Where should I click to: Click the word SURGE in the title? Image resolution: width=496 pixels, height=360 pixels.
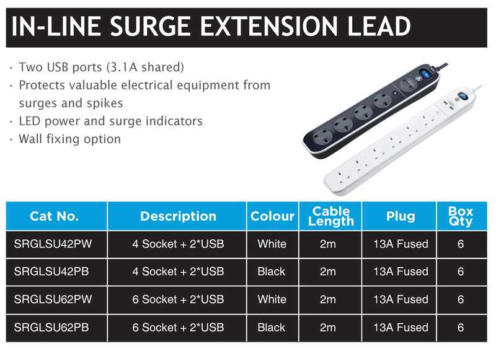150,26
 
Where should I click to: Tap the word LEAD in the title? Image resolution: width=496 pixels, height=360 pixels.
379,26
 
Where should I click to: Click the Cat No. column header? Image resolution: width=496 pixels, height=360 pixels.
54,216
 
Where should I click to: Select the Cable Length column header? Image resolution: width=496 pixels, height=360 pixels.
331,216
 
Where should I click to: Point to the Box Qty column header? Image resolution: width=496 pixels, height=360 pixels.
461,216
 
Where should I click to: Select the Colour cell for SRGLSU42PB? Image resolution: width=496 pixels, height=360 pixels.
272,271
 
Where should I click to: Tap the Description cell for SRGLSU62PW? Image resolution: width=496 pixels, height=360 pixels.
178,299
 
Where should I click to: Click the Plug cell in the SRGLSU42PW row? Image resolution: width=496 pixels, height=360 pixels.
401,244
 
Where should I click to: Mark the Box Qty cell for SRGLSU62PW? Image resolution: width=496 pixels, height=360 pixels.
461,299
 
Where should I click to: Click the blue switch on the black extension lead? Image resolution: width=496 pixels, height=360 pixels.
426,75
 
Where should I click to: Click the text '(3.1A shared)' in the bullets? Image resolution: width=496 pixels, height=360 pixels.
145,68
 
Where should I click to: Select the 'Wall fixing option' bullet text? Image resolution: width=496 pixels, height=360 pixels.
70,139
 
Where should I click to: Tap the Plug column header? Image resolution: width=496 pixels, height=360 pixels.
401,216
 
